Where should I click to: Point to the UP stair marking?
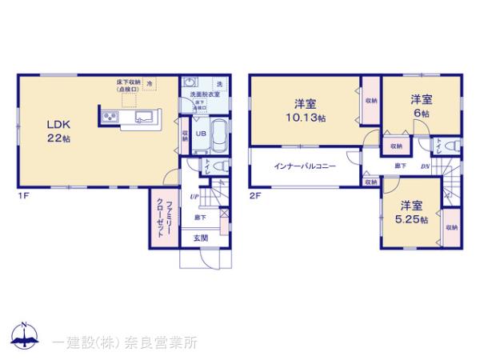click(194, 196)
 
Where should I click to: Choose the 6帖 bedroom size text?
click(422, 114)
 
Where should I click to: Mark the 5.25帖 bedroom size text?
click(412, 219)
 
